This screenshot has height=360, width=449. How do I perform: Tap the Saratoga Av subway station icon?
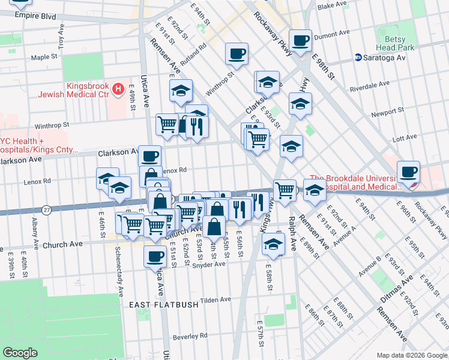(358, 58)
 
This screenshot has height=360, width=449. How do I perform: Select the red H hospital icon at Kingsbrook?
(118, 90)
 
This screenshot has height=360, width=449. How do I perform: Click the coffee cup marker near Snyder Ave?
(154, 257)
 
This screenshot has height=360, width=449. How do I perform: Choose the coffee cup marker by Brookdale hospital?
(408, 172)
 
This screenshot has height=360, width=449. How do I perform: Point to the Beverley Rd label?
(190, 336)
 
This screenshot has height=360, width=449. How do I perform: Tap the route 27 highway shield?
(47, 209)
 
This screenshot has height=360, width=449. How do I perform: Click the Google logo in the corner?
(20, 353)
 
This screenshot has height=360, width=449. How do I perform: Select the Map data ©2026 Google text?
(411, 355)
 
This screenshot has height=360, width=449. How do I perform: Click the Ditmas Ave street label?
(399, 289)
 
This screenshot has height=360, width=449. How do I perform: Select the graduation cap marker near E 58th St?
(273, 245)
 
